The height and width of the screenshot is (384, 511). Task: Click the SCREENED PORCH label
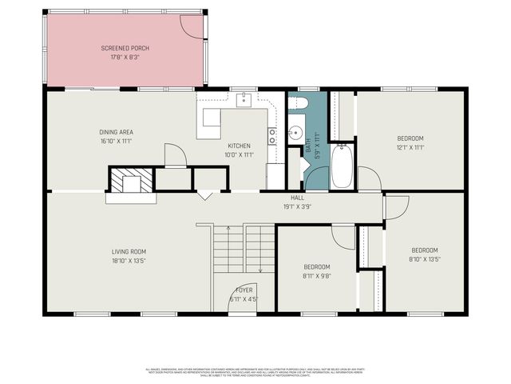125,48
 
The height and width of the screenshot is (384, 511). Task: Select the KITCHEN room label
238,146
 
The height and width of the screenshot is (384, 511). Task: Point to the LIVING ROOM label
128,252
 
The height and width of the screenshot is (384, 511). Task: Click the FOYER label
244,290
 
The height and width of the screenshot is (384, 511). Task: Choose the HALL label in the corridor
297,198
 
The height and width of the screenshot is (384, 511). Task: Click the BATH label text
308,146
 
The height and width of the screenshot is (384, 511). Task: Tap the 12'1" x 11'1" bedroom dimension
410,147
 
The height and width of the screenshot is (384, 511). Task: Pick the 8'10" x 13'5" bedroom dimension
424,258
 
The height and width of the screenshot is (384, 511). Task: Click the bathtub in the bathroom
341,166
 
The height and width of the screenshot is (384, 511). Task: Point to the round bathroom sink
294,134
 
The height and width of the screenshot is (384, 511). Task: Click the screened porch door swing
192,26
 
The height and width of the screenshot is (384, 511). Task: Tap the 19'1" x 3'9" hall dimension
297,206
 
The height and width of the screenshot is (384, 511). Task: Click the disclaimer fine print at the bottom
255,371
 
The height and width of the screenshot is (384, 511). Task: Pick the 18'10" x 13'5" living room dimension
128,261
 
